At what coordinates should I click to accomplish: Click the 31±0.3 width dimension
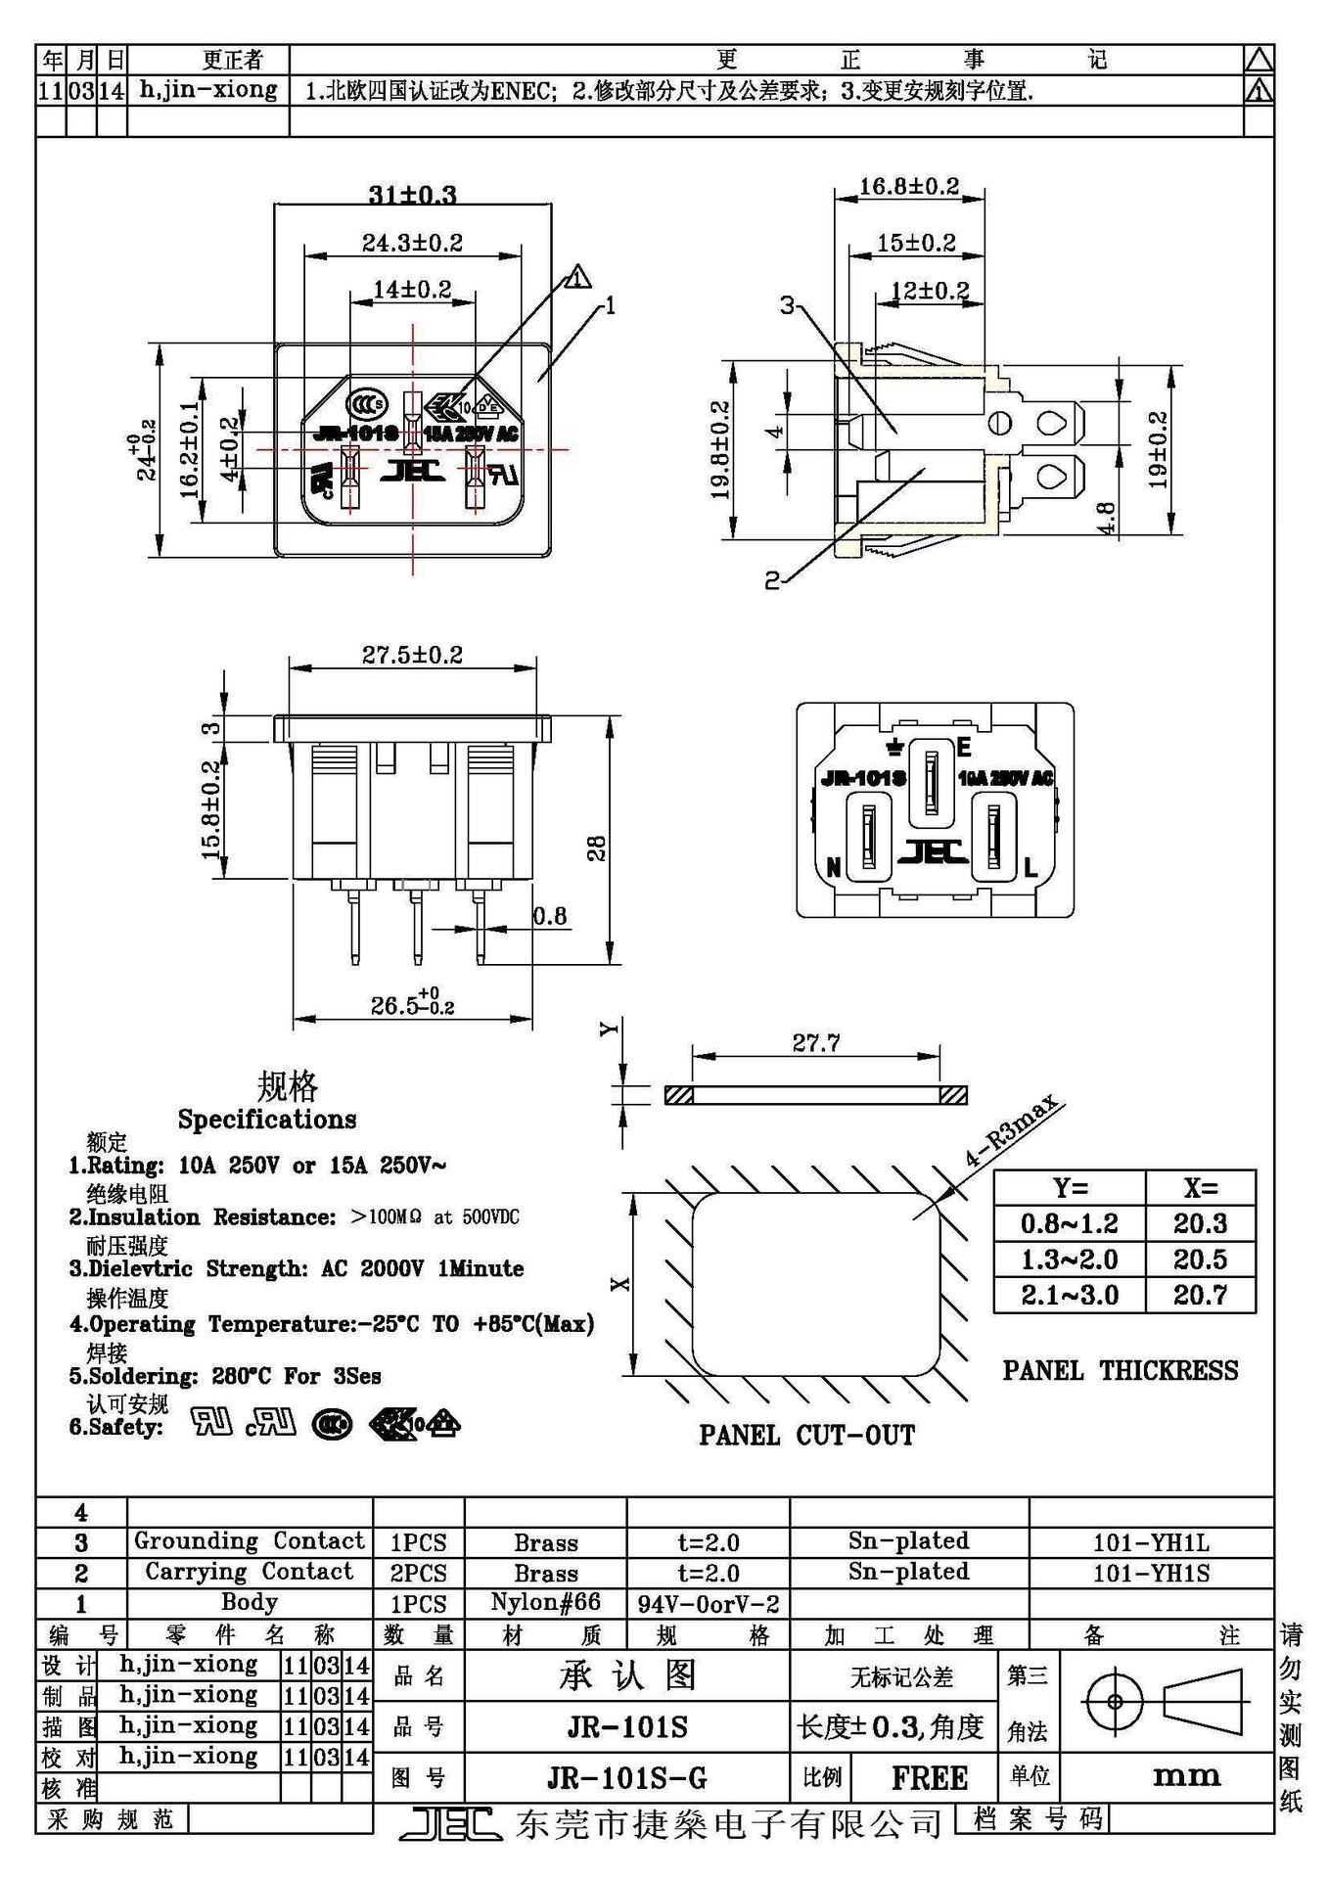(412, 194)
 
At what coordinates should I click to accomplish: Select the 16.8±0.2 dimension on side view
(908, 186)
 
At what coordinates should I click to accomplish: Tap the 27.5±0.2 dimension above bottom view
(412, 654)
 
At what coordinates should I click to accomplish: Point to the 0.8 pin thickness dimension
(549, 916)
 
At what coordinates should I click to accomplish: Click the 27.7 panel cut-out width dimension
(815, 1043)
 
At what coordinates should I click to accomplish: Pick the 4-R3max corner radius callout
(1012, 1132)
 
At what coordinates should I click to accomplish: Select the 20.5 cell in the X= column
(1200, 1260)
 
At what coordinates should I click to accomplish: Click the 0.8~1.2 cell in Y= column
(1069, 1223)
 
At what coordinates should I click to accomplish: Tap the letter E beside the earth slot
(963, 749)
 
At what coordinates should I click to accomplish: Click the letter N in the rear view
(834, 867)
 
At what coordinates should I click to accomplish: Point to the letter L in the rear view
(1030, 867)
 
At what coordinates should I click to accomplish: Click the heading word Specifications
(266, 1120)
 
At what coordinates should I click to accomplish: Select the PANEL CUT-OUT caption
(806, 1436)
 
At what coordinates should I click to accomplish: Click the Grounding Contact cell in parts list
(249, 1541)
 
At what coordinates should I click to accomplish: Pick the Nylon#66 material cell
(545, 1603)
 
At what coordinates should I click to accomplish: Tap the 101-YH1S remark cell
(1151, 1573)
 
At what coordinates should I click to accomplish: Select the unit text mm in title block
(1186, 1776)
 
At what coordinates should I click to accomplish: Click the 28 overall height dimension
(597, 848)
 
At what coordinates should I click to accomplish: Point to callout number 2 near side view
(772, 580)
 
